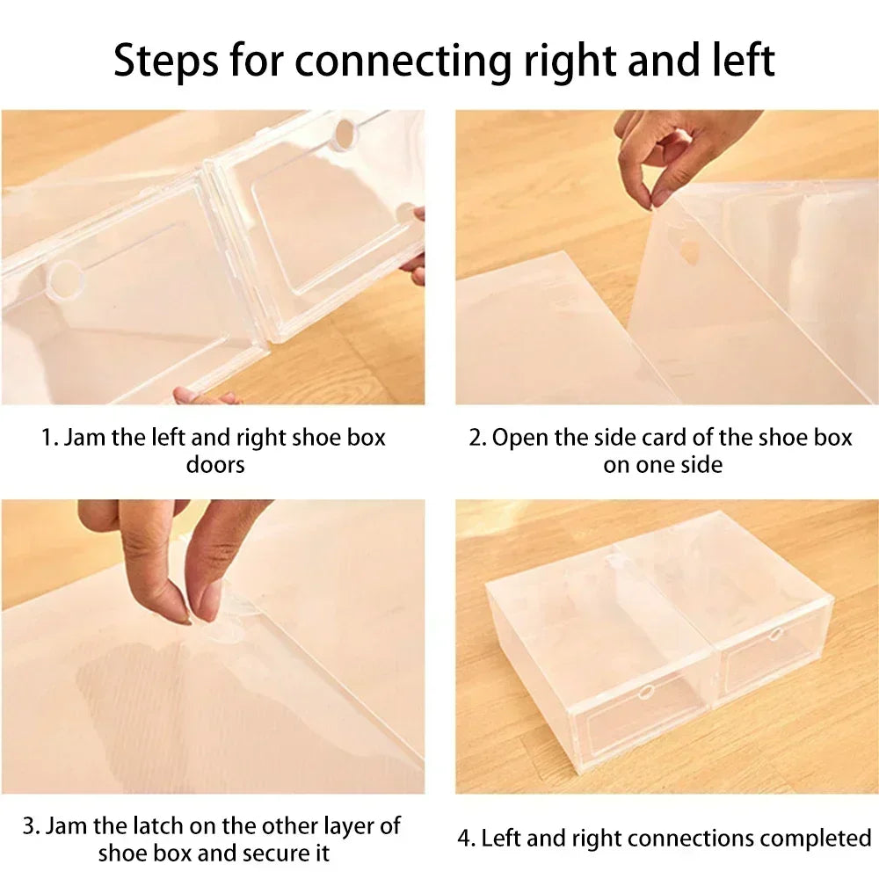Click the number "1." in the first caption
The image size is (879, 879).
50,438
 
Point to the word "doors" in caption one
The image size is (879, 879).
214,464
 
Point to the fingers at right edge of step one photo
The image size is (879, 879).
415,251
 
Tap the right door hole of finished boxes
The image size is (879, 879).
774,634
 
